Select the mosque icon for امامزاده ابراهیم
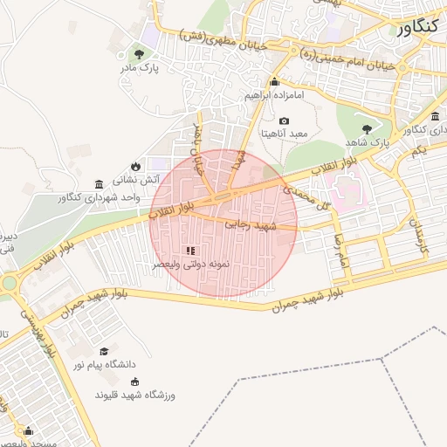274,82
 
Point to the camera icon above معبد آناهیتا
284,120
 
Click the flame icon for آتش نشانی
135,166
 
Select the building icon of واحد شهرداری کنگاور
99,185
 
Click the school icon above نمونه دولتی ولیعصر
190,251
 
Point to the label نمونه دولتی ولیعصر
190,264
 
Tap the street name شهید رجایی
251,224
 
